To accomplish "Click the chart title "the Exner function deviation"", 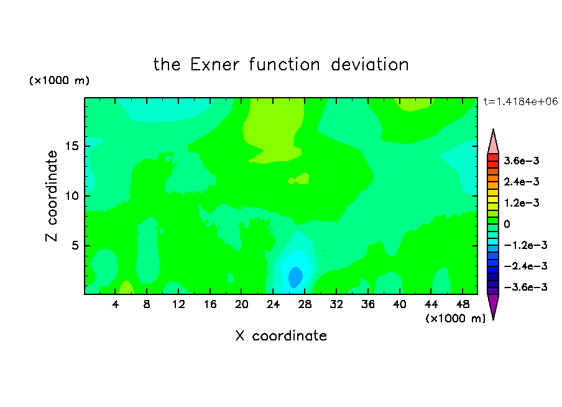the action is coord(281,65).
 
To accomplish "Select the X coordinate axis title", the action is coord(281,335).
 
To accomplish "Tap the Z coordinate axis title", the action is coord(52,196).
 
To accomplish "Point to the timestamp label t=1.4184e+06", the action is coord(521,101).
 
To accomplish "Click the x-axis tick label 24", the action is coord(273,304).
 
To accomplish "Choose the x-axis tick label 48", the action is coord(463,304).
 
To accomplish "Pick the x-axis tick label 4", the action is coord(115,304).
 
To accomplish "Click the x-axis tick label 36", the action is coord(368,304).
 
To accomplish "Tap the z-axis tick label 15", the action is coord(72,146).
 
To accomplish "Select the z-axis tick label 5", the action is coord(75,245).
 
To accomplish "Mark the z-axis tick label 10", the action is coord(72,196).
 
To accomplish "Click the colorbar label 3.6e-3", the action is coord(522,161).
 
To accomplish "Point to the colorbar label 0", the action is coord(507,224).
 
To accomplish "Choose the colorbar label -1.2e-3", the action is coord(525,245).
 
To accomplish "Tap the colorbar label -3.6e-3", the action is coord(525,287).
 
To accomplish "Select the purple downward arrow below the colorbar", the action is coord(493,305).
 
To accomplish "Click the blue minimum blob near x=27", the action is coord(295,277).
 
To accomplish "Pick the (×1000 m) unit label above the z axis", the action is coord(59,80).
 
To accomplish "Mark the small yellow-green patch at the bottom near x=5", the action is coord(126,288).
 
